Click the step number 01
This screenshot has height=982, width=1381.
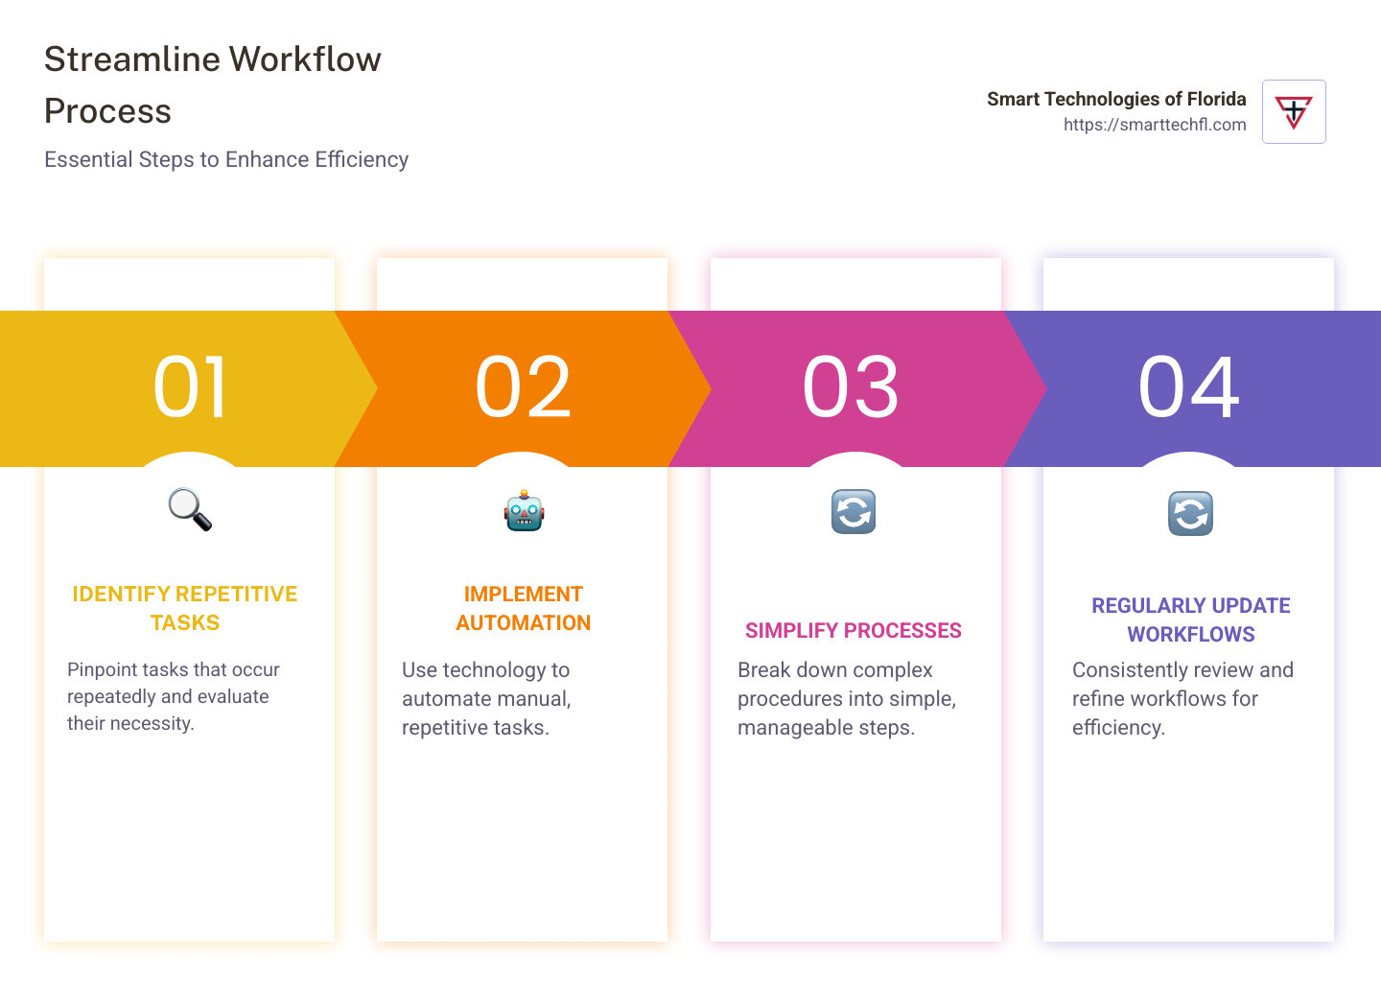pyautogui.click(x=190, y=387)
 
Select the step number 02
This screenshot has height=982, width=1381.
pyautogui.click(x=523, y=387)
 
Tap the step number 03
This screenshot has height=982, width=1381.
pyautogui.click(x=851, y=387)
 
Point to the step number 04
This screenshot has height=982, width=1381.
pyautogui.click(x=1188, y=387)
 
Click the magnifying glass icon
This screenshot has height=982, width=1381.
pyautogui.click(x=190, y=509)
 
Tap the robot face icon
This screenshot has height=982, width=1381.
pyautogui.click(x=524, y=511)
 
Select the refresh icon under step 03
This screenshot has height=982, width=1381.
pyautogui.click(x=854, y=511)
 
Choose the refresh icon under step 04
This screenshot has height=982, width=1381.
pyautogui.click(x=1190, y=513)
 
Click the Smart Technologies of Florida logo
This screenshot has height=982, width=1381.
pyautogui.click(x=1294, y=112)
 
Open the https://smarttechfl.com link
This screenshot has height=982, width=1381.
pyautogui.click(x=1155, y=125)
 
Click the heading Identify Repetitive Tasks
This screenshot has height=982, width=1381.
pyautogui.click(x=185, y=608)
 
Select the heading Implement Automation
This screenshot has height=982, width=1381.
pyautogui.click(x=523, y=608)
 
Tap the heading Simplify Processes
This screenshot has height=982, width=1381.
pyautogui.click(x=854, y=630)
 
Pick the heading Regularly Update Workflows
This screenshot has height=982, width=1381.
pyautogui.click(x=1190, y=620)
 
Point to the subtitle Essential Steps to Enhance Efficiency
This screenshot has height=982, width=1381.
pyautogui.click(x=226, y=159)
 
